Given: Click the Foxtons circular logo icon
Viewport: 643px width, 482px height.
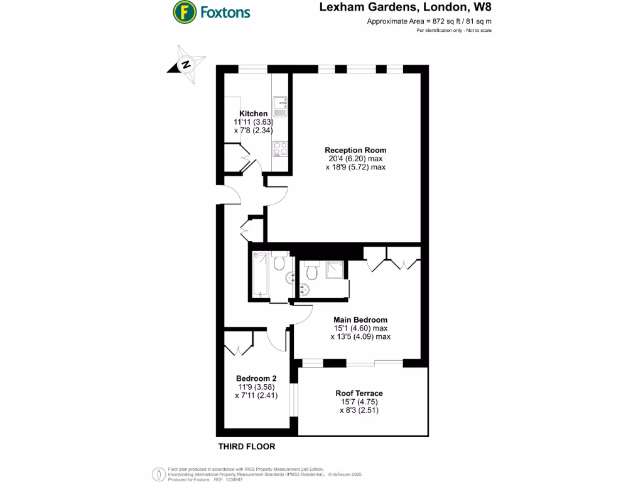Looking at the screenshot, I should [183, 11].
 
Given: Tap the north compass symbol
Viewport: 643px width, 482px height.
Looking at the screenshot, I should [186, 64].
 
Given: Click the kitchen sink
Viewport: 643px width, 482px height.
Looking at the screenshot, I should [279, 107].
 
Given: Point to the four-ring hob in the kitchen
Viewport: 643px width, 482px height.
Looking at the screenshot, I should [279, 149].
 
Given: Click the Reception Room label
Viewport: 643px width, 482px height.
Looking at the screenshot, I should [355, 150].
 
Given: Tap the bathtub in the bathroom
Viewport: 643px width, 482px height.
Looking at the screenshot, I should [260, 275].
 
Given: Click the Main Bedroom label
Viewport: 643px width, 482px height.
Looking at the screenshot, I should [360, 319].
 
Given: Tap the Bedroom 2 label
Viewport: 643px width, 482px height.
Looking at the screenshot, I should [256, 378].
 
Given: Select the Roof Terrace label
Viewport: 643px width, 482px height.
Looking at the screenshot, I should [359, 394].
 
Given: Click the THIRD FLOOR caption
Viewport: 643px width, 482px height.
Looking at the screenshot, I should [246, 447].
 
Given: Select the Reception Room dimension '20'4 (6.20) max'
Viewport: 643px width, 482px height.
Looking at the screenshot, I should [355, 159].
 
